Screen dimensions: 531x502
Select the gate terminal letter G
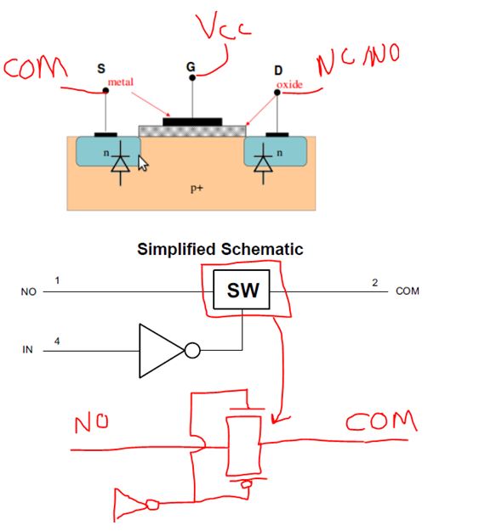point(190,65)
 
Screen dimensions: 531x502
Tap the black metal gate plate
point(192,122)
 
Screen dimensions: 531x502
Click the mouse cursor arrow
point(143,163)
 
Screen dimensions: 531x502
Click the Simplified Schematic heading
point(220,250)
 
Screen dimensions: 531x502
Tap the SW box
point(242,291)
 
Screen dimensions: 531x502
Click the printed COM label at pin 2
point(407,291)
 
